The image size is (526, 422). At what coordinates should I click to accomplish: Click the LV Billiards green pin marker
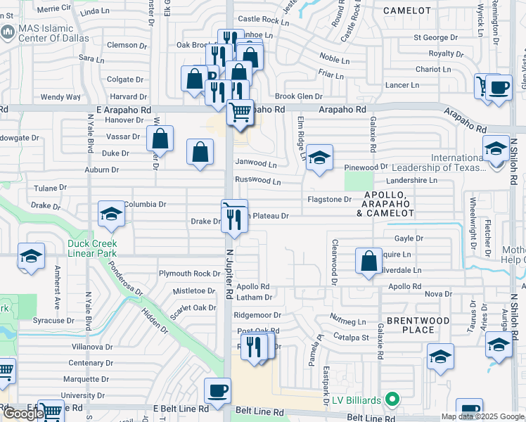point(393,401)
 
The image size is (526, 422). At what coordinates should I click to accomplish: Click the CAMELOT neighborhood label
point(407,11)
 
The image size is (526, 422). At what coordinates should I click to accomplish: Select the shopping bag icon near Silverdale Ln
point(369,260)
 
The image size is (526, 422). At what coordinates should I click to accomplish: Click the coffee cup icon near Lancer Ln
point(499,87)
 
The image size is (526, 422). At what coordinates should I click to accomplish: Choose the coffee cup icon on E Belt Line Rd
point(217,390)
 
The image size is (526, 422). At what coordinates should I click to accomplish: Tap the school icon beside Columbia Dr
point(111,214)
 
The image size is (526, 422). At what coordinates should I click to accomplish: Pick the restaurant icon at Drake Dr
point(233,219)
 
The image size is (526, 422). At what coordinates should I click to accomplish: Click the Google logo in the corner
point(23,414)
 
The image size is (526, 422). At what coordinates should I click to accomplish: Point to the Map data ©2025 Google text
point(482,416)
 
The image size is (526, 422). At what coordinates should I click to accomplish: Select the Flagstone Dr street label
point(329,200)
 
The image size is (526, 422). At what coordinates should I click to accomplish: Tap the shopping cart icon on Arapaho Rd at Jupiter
point(240,111)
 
